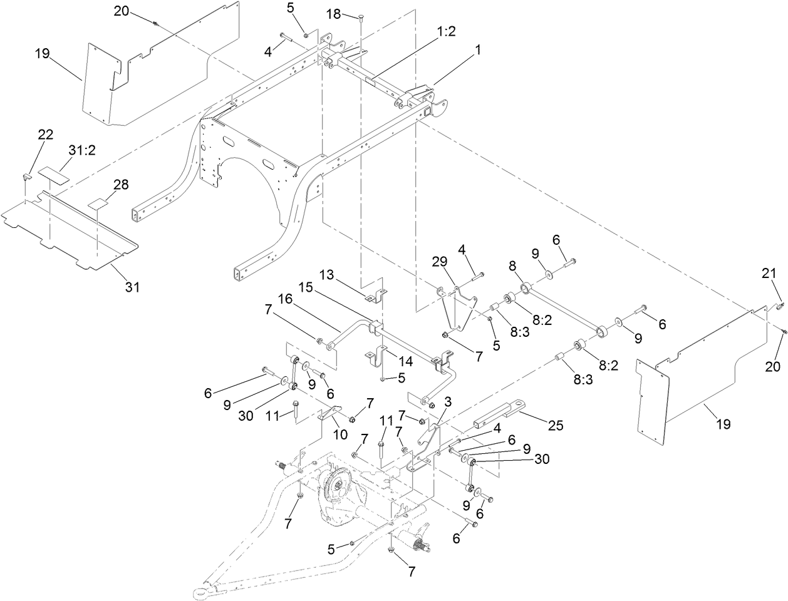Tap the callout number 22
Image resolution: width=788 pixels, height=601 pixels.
point(46,135)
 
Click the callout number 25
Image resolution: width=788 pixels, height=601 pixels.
point(555,425)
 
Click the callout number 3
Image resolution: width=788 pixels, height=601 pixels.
point(447,401)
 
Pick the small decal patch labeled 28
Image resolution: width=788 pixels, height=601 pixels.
point(98,203)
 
